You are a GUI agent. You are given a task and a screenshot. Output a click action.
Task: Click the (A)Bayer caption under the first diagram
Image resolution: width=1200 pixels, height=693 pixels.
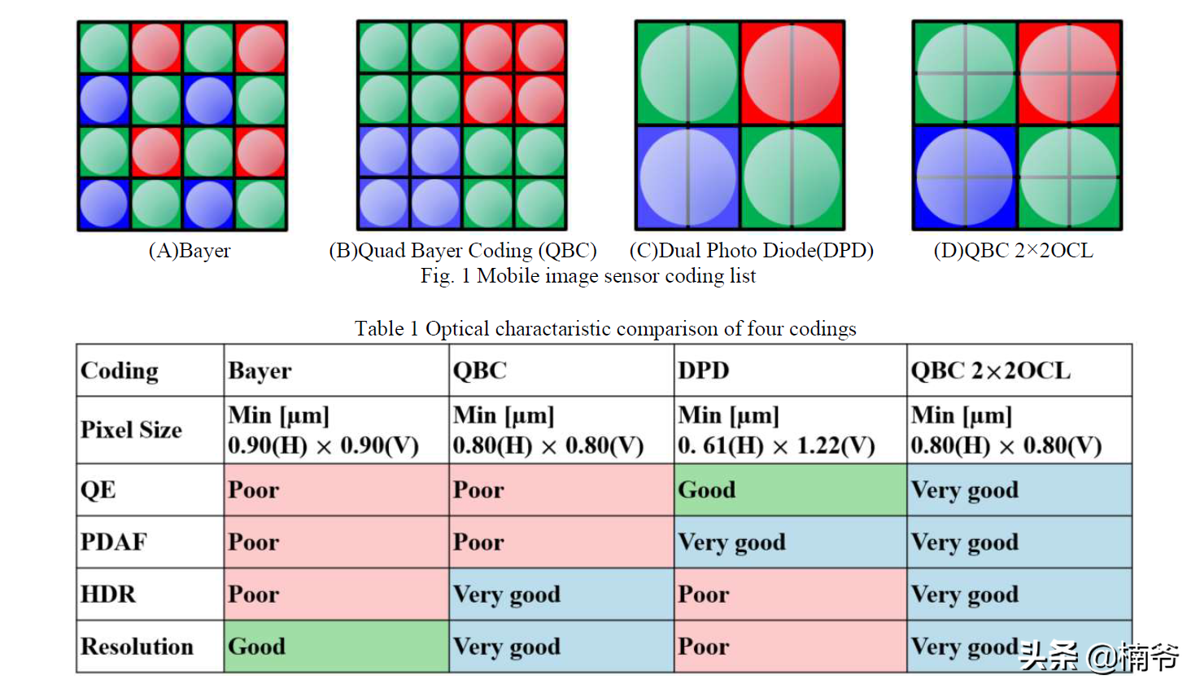[x=190, y=251]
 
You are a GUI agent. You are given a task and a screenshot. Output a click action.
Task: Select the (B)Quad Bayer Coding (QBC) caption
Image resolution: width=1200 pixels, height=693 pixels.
[x=462, y=251]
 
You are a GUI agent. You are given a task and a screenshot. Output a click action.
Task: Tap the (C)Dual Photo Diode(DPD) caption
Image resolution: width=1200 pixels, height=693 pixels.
[x=751, y=251]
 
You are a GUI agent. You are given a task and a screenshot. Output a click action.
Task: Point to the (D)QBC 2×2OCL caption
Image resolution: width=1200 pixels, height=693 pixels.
[x=1013, y=251]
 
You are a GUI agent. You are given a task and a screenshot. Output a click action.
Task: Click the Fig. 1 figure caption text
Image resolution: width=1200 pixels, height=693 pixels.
[x=587, y=276]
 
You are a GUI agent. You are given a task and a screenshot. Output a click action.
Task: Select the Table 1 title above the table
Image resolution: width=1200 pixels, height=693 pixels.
[x=605, y=329]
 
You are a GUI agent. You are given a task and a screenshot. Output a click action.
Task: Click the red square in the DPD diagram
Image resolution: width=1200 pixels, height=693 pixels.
[x=792, y=73]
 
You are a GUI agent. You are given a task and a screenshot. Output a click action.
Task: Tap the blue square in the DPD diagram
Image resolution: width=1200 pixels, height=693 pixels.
[x=687, y=177]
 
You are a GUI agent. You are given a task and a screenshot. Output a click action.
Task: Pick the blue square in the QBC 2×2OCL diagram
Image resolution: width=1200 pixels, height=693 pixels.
[x=965, y=177]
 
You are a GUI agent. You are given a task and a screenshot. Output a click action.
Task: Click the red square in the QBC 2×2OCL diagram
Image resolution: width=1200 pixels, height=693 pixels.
[x=1069, y=73]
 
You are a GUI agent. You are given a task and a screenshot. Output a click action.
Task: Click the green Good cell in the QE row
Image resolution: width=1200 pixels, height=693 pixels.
[x=789, y=489]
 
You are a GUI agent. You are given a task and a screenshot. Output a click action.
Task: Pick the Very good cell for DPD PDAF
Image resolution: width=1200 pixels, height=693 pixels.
[x=789, y=542]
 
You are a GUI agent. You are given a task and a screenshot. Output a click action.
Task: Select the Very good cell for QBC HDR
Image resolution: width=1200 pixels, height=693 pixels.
[x=561, y=594]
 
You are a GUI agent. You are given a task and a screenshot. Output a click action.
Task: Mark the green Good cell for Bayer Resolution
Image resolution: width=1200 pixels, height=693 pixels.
[x=336, y=646]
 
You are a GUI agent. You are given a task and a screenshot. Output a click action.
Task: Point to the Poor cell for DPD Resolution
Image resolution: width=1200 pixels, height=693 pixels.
[x=789, y=646]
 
